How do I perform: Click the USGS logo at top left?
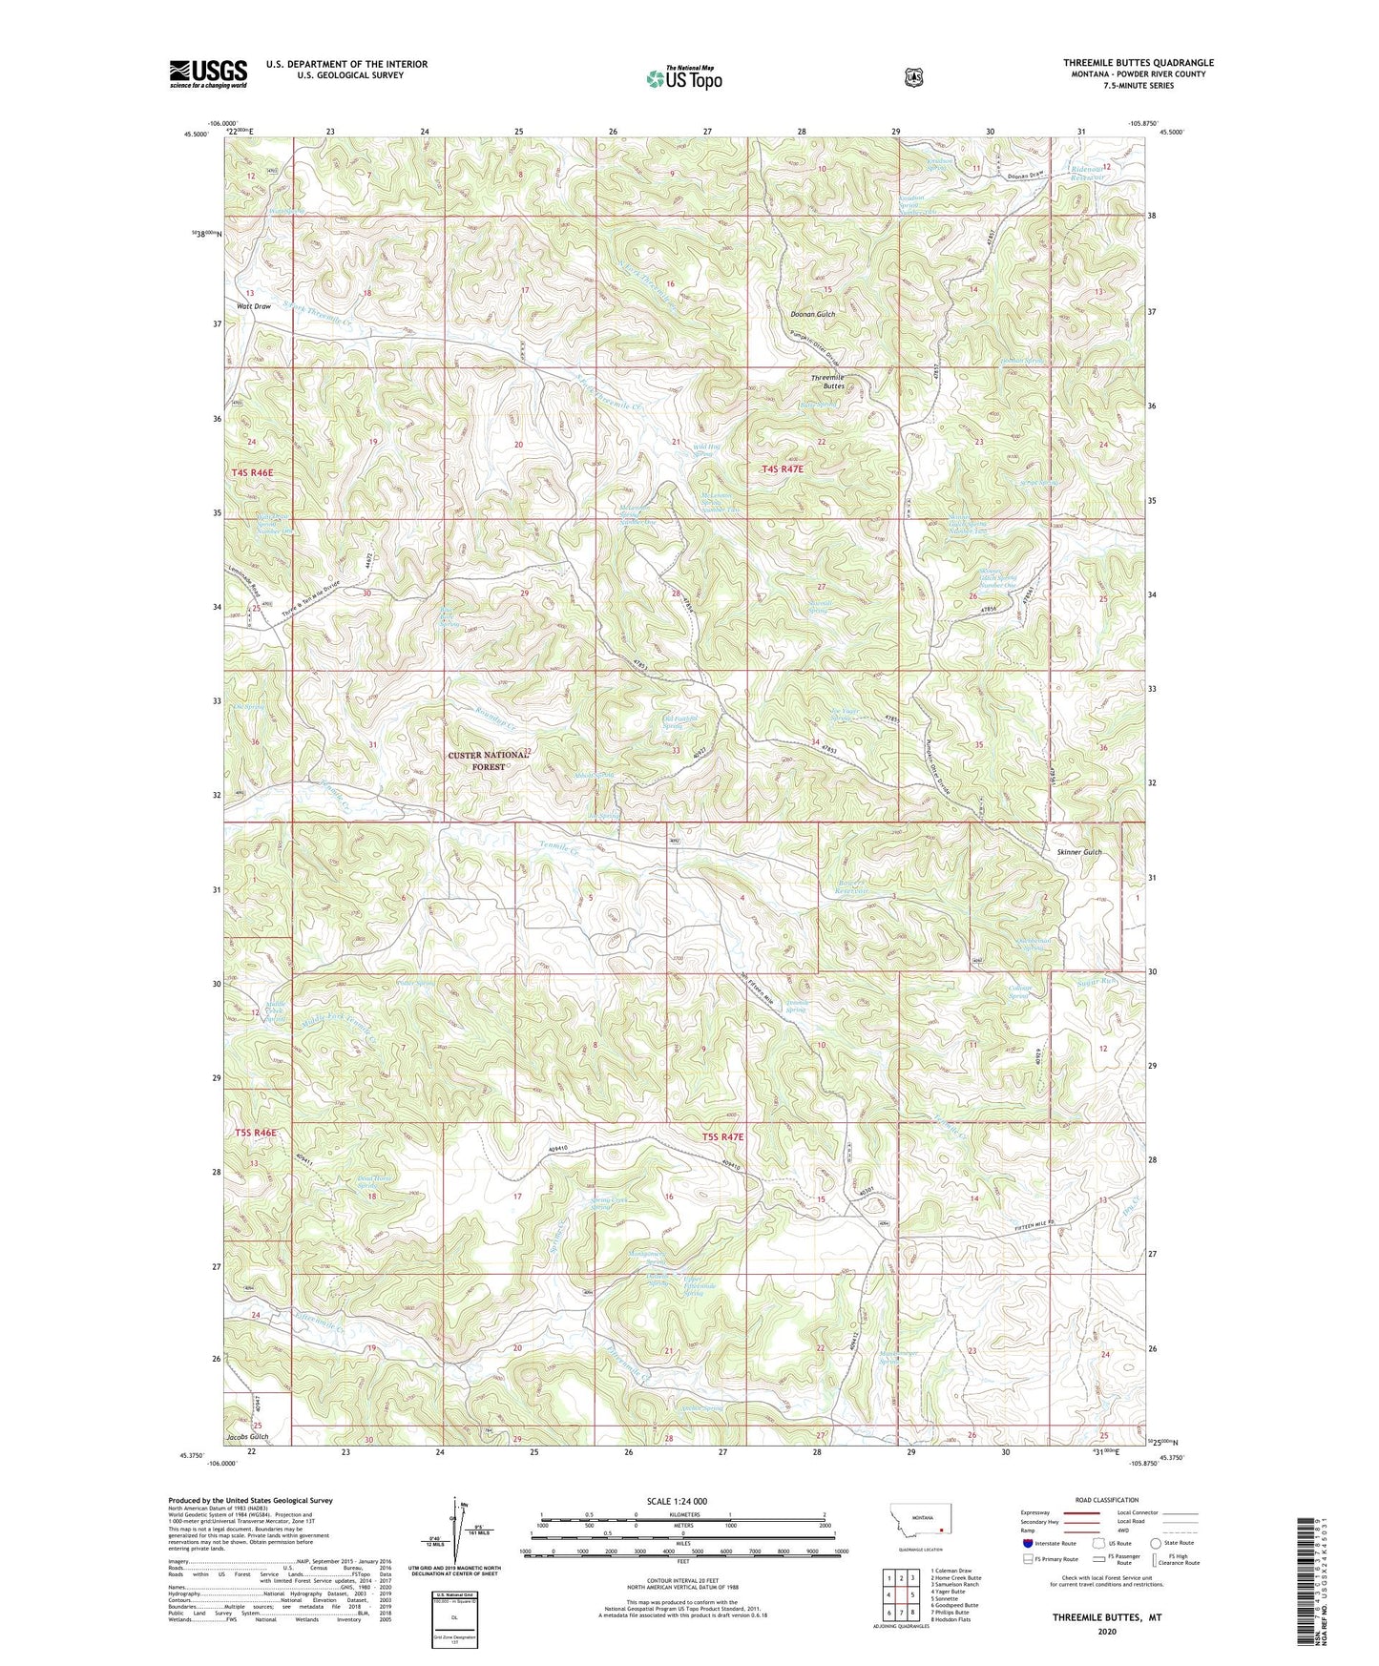[x=208, y=73]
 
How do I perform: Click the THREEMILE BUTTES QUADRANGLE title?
[x=1139, y=63]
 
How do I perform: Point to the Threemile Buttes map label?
[x=827, y=383]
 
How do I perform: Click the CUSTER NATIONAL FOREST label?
[x=488, y=760]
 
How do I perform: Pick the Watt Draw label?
[x=254, y=306]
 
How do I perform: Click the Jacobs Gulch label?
[x=247, y=1436]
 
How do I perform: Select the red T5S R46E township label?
[x=256, y=1133]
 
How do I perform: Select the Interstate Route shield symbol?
[x=1027, y=1542]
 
